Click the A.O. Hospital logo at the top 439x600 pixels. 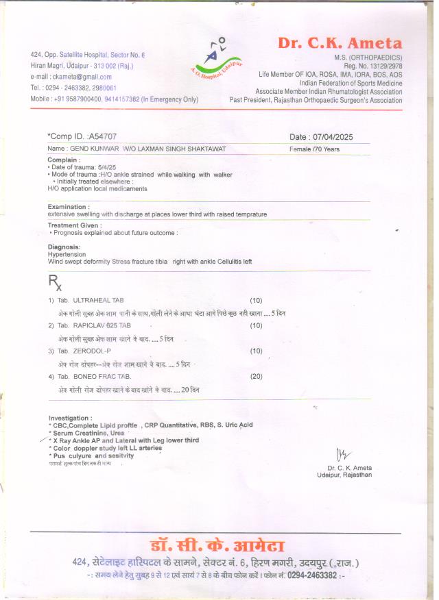(217, 53)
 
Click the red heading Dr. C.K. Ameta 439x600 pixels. (340, 42)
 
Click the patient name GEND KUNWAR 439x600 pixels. (93, 149)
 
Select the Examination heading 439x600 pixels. (68, 206)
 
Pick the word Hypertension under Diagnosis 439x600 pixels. (66, 254)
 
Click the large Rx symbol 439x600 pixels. (55, 282)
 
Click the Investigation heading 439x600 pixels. (70, 417)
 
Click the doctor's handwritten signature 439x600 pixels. (343, 454)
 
